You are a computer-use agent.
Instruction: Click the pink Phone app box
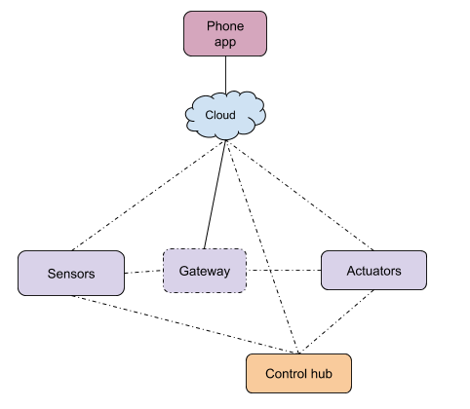click(225, 34)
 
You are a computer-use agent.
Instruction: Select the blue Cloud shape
click(225, 116)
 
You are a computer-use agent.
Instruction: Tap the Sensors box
click(71, 274)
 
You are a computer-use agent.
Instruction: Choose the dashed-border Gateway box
click(205, 271)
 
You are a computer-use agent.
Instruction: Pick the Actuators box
click(373, 271)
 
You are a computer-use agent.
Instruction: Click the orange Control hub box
click(298, 374)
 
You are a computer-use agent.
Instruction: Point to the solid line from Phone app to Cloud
click(226, 75)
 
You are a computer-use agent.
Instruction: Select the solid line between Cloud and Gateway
click(215, 195)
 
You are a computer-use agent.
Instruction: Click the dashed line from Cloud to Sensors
click(148, 196)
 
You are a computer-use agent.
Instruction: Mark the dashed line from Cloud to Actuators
click(300, 196)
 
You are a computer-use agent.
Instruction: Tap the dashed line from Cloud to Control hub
click(262, 247)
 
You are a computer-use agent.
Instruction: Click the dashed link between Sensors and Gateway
click(143, 272)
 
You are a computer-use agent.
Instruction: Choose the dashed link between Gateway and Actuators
click(284, 270)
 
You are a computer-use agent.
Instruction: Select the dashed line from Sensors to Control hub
click(185, 324)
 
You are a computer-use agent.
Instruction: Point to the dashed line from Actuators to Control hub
click(336, 322)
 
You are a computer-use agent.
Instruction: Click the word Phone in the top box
click(225, 26)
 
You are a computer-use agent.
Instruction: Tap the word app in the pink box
click(225, 43)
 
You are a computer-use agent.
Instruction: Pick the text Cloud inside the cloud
click(220, 115)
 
